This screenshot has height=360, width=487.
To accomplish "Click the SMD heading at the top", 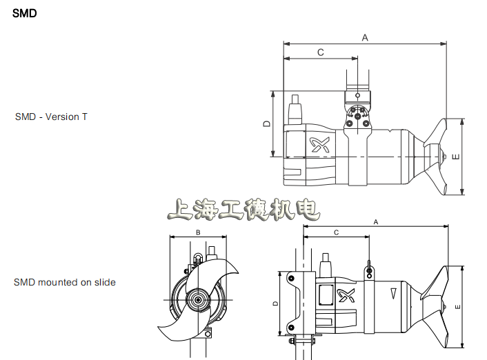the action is pos(25,13).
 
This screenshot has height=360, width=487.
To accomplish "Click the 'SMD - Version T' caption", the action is pos(51,117).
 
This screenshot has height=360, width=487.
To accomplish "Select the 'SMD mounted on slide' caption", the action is pos(65,282).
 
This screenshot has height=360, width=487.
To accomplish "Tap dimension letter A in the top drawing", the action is pos(365,38).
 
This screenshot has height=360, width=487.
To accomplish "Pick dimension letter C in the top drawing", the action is pos(321,52).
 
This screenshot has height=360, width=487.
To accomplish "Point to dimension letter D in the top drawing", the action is pos(266,123).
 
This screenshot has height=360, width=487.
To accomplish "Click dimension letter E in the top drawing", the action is pos(456,157).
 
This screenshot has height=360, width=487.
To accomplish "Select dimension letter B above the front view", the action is pos(198,232).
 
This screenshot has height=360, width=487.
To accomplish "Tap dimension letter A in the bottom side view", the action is pos(376,222).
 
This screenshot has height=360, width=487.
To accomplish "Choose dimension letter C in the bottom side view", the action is pos(337,232).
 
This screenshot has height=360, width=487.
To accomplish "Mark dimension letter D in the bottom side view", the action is pos(275,303).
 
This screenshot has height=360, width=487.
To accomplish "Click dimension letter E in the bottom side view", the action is pos(457,307).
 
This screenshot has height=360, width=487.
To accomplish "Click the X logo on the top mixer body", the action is pos(320,145).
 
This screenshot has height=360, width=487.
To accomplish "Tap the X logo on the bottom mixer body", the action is pos(346,295).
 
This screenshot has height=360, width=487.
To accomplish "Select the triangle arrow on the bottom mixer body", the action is pos(393,294).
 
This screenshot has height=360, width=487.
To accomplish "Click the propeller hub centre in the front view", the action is pos(198,300).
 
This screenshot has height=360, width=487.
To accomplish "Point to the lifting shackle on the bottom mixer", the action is pos(369,270).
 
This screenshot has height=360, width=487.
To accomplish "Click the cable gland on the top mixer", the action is pos(295,110).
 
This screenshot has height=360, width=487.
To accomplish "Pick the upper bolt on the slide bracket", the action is pos(291,279).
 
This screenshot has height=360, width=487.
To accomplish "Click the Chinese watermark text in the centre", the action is pos(243,210).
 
